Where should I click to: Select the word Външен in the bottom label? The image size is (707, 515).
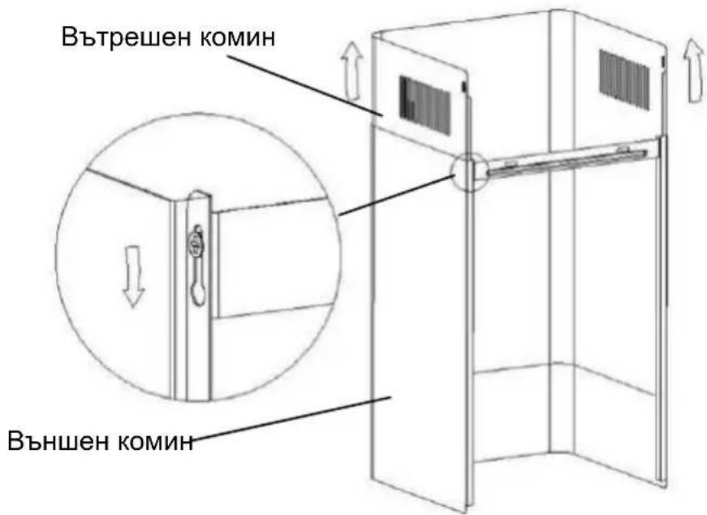point(55,443)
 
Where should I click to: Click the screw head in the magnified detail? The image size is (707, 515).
point(195,240)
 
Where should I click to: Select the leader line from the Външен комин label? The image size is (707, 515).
point(292,421)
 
